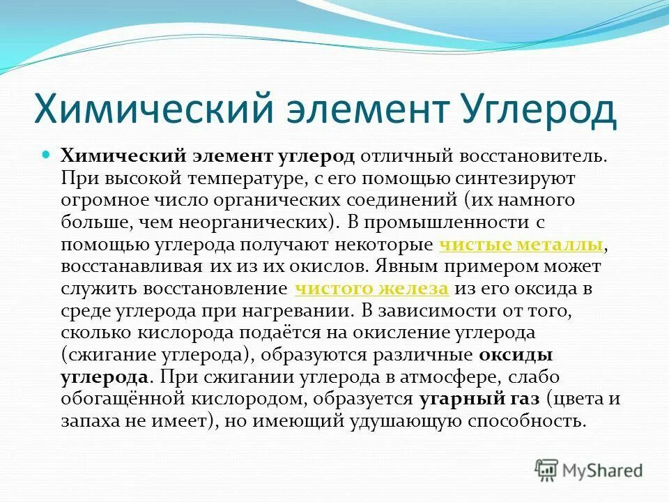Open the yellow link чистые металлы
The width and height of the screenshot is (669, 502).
(x=522, y=245)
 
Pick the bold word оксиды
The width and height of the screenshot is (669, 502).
(x=516, y=355)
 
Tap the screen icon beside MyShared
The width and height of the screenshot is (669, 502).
(x=547, y=470)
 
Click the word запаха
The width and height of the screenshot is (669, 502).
(x=87, y=421)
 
